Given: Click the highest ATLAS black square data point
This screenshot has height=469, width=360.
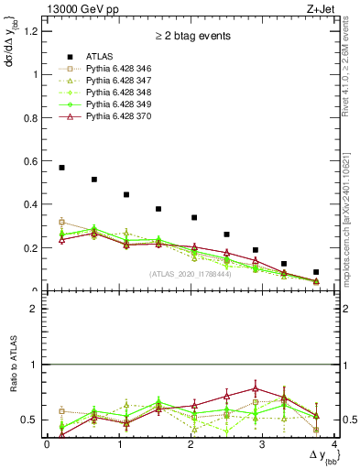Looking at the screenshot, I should click(61, 168).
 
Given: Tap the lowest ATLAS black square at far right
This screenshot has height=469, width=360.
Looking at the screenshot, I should click(316, 272).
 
